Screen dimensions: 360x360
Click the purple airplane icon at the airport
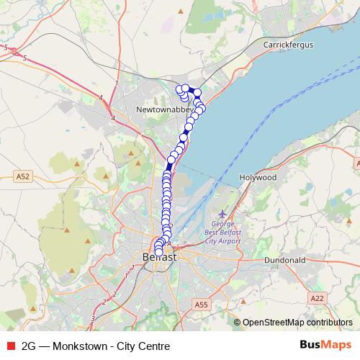coord(222,214)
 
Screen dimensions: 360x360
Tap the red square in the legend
coord(10,346)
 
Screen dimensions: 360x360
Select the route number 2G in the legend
coord(30,346)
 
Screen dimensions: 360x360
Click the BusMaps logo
coord(325,345)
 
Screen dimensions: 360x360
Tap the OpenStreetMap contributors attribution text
coord(297,323)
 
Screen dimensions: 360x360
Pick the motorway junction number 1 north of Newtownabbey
coord(115,84)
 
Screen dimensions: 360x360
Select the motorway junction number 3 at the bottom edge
coord(92,318)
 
